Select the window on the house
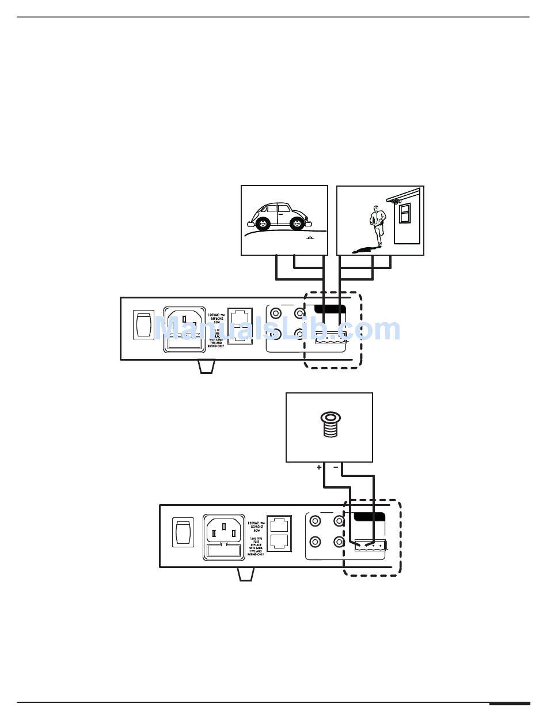click(x=406, y=213)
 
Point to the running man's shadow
click(x=363, y=249)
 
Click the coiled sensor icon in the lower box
click(x=329, y=425)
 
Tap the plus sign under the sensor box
click(x=319, y=468)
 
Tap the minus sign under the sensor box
click(x=336, y=468)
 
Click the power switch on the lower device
click(x=183, y=532)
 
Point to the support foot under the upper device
click(x=206, y=366)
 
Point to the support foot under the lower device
click(x=245, y=574)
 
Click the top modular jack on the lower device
click(x=279, y=525)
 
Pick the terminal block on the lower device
click(x=369, y=544)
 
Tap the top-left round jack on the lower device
click(x=316, y=522)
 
